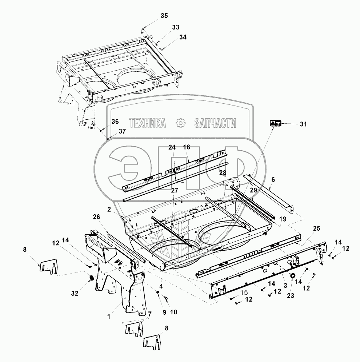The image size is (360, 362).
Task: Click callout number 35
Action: tap(164, 15)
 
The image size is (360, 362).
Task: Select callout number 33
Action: tap(176, 28)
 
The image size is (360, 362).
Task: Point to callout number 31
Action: tap(303, 124)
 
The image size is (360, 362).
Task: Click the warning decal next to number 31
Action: tap(275, 123)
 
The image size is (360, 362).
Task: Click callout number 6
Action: tap(273, 180)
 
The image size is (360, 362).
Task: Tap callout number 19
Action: tap(283, 219)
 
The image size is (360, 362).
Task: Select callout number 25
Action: tap(316, 228)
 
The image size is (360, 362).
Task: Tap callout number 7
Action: tap(148, 314)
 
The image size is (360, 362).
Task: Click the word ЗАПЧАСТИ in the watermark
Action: tap(215, 123)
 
